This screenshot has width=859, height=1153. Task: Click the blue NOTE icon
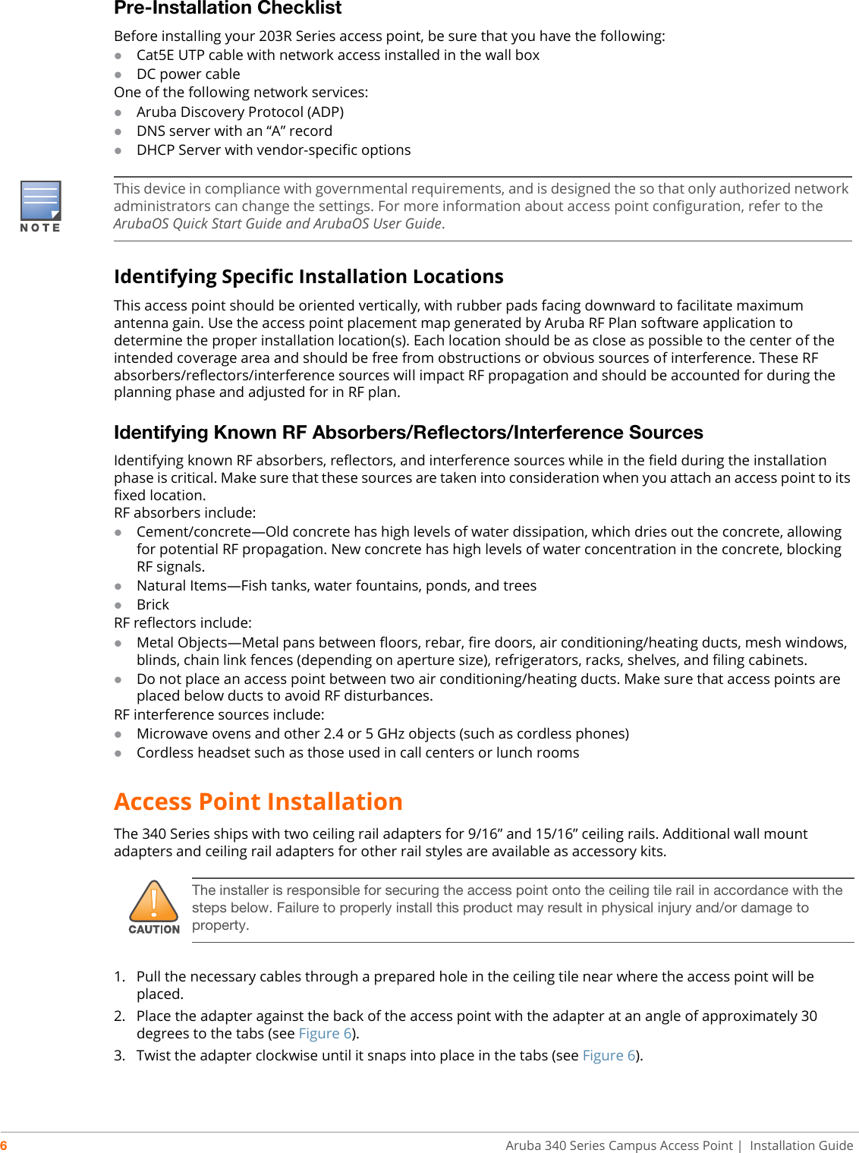40,200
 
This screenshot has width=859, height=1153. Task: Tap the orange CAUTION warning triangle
154,902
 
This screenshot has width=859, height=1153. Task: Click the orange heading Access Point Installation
258,802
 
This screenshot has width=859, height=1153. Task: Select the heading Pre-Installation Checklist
228,8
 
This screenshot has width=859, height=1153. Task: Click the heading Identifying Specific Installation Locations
308,276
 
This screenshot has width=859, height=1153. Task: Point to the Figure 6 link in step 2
325,1034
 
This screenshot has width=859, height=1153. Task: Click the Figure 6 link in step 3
609,1056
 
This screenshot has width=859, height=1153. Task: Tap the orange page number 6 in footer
4,1145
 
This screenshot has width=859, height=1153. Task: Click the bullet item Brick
153,605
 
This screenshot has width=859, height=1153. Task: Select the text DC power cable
188,74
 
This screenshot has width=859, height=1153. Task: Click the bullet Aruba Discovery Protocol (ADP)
240,112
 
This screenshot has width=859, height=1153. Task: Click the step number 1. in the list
119,977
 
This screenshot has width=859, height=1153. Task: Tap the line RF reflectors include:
182,623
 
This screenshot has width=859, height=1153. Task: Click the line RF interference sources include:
219,715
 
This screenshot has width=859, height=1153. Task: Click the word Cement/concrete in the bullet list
194,532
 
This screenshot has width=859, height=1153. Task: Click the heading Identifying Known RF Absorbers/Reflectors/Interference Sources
408,433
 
